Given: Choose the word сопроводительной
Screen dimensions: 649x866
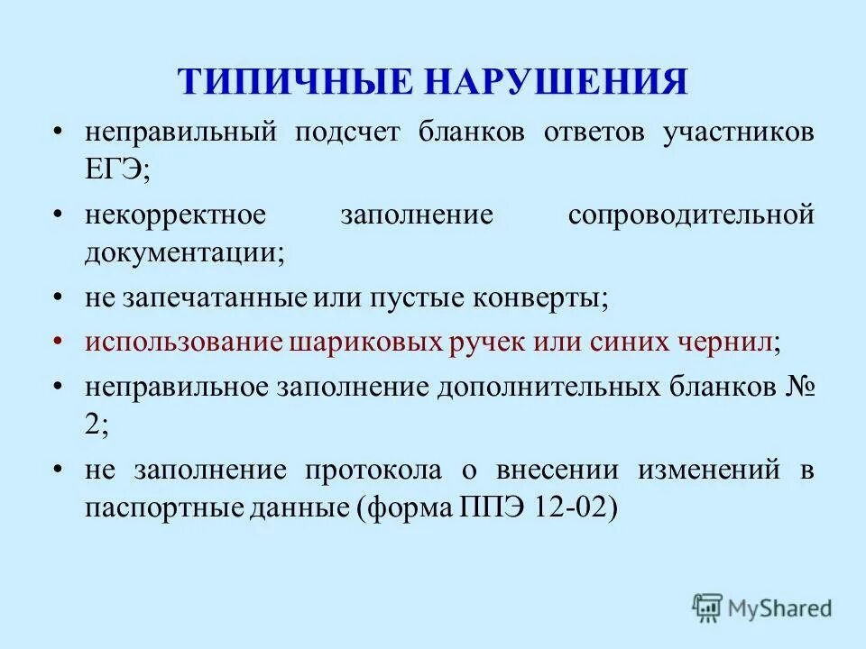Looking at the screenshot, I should point(691,215).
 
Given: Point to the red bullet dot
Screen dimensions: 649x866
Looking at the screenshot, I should point(59,343).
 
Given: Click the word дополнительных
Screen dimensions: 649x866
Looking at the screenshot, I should point(550,388).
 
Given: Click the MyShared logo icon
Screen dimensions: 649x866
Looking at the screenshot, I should point(707,608).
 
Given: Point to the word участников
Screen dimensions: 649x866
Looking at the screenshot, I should point(739,133).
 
